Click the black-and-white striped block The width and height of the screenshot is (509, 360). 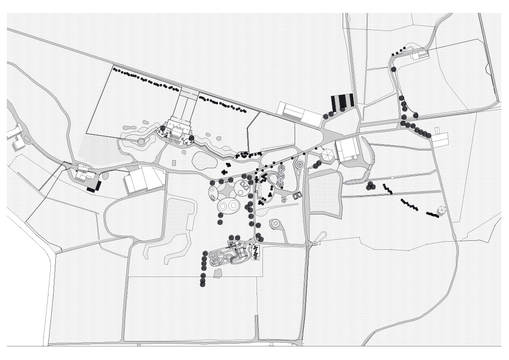[x=343, y=102]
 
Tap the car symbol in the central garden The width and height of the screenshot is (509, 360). [x=297, y=195]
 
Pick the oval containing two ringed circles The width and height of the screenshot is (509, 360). [x=228, y=206]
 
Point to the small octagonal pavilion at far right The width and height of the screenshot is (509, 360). [x=441, y=210]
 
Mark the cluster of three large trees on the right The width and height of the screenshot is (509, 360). [x=371, y=185]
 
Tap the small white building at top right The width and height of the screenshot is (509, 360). [x=419, y=55]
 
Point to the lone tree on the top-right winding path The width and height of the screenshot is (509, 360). [x=393, y=69]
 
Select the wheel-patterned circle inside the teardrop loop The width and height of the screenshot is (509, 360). [x=300, y=164]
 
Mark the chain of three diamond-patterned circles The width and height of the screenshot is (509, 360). [x=281, y=175]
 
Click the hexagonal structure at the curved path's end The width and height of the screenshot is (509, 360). [x=276, y=224]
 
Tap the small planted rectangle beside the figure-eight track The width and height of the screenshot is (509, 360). [x=256, y=253]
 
